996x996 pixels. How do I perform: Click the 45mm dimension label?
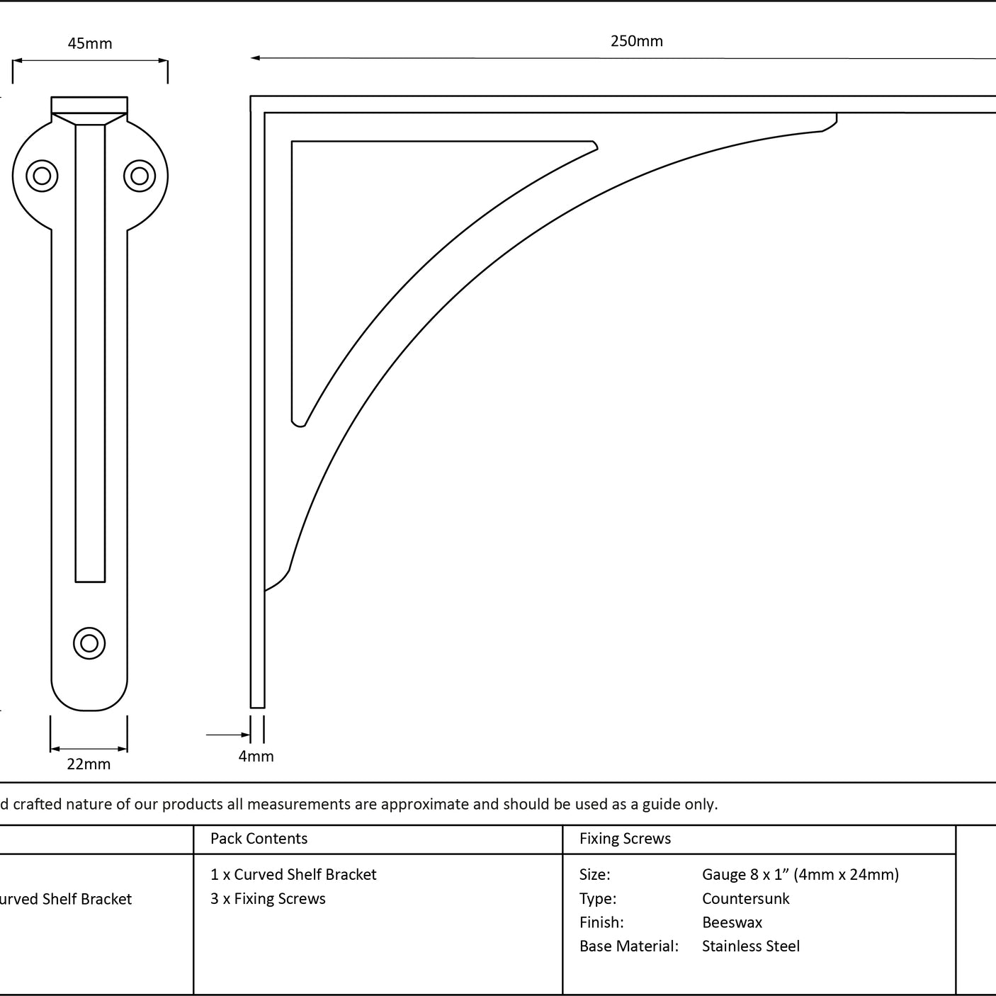tap(90, 43)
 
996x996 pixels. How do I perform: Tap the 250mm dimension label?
tap(637, 41)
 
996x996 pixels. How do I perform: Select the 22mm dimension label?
tap(89, 764)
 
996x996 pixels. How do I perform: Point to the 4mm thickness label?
tap(256, 756)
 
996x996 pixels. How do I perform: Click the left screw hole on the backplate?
tap(42, 176)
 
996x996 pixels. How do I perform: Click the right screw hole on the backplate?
tap(140, 176)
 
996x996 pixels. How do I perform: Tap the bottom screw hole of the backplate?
tap(89, 643)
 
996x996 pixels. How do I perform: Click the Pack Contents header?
tap(259, 838)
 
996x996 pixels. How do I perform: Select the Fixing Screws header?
tap(625, 838)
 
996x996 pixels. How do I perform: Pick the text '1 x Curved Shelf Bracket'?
tap(293, 874)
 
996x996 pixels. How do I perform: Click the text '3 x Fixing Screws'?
tap(268, 898)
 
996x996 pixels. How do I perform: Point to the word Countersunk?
tap(745, 898)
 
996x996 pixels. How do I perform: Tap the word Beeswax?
tap(732, 922)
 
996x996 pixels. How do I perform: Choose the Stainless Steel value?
tap(750, 946)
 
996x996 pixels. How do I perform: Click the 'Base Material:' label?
tap(628, 946)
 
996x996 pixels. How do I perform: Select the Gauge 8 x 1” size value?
tap(800, 874)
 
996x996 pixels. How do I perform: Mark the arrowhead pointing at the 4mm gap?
tap(246, 735)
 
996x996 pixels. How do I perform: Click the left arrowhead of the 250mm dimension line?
tap(255, 58)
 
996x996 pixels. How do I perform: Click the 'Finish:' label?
tap(601, 922)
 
